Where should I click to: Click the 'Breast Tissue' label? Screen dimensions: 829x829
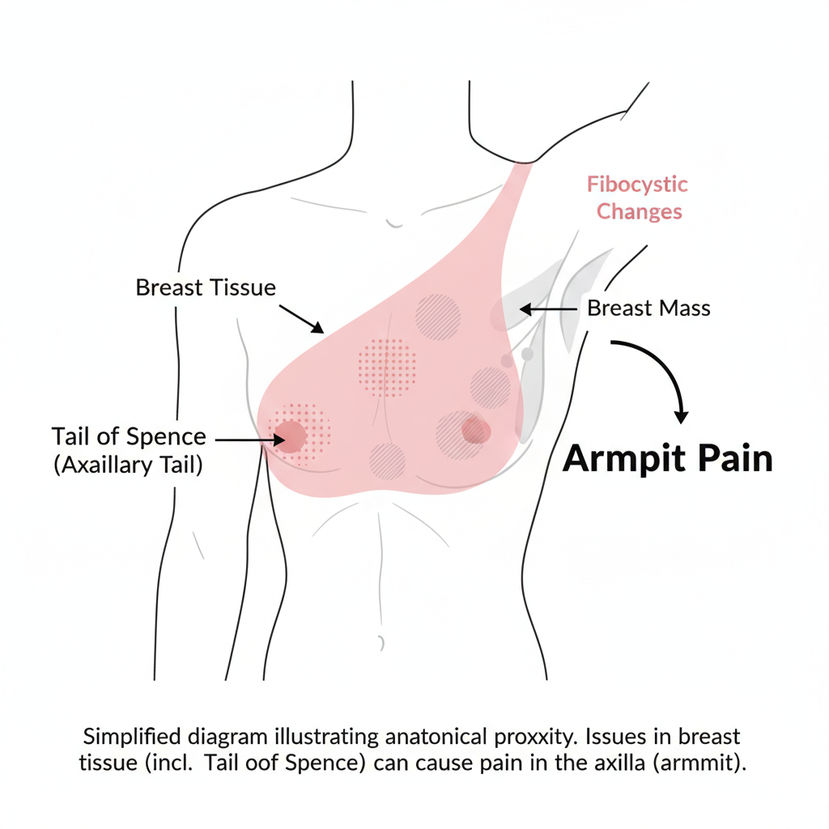pyautogui.click(x=206, y=287)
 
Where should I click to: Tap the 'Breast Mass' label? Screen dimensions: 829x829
pyautogui.click(x=648, y=308)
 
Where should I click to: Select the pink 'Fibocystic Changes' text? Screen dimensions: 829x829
pyautogui.click(x=638, y=198)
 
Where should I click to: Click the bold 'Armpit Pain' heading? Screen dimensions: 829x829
pyautogui.click(x=668, y=459)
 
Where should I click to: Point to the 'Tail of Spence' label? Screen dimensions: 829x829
pyautogui.click(x=129, y=437)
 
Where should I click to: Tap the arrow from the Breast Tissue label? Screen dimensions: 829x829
pyautogui.click(x=302, y=318)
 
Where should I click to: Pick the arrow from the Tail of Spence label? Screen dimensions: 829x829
pyautogui.click(x=250, y=440)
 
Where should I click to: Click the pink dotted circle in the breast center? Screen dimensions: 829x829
pyautogui.click(x=387, y=367)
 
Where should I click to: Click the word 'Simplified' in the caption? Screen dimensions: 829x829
pyautogui.click(x=133, y=737)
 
